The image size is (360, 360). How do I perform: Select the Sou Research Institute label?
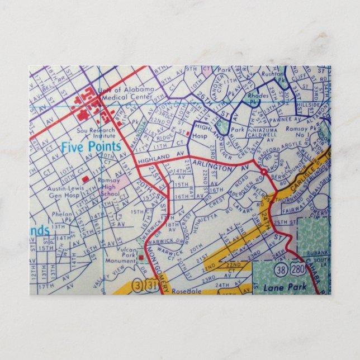(96, 133)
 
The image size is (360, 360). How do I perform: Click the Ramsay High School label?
(111, 187)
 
